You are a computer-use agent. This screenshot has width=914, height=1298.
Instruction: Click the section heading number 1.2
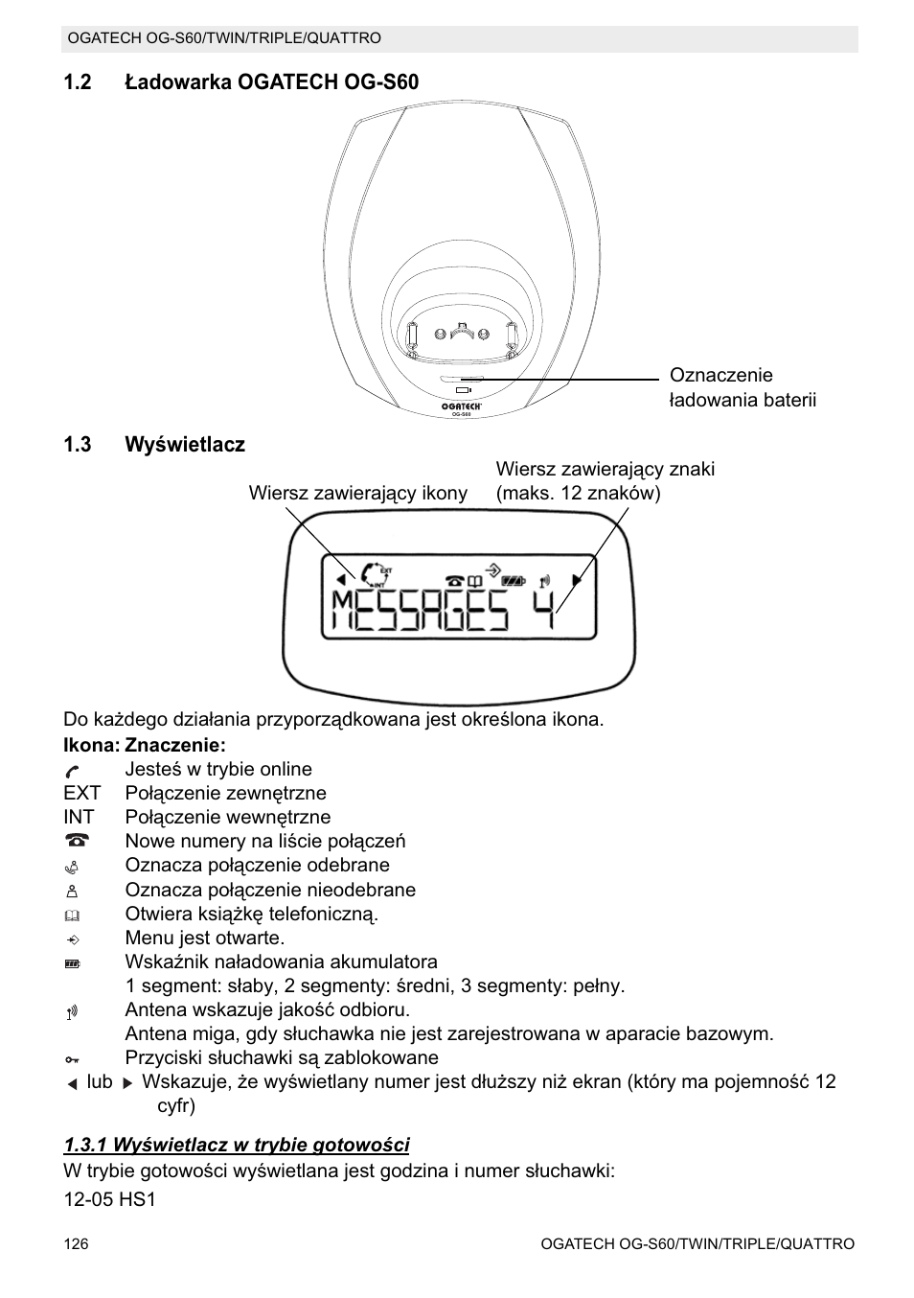pyautogui.click(x=77, y=82)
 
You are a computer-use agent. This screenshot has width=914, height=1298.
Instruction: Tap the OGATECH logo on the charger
pyautogui.click(x=461, y=406)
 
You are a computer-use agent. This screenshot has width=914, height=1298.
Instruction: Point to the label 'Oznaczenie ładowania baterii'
pyautogui.click(x=743, y=387)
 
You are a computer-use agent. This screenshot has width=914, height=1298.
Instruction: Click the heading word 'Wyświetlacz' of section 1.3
pyautogui.click(x=185, y=445)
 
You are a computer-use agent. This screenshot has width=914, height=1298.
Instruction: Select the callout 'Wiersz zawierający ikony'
pyautogui.click(x=358, y=493)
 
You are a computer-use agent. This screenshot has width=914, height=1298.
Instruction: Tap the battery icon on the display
pyautogui.click(x=514, y=580)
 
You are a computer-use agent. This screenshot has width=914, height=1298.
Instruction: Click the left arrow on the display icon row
pyautogui.click(x=340, y=580)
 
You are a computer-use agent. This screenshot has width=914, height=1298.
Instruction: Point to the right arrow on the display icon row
pyautogui.click(x=577, y=580)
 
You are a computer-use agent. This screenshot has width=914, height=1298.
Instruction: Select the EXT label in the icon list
pyautogui.click(x=81, y=793)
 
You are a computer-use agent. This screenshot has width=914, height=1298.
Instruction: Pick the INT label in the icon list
pyautogui.click(x=79, y=817)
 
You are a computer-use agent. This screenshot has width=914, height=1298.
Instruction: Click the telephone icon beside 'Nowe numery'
pyautogui.click(x=76, y=841)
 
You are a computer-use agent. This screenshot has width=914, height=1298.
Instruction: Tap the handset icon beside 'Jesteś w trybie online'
pyautogui.click(x=73, y=770)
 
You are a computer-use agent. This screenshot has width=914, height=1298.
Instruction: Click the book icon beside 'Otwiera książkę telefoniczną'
pyautogui.click(x=73, y=915)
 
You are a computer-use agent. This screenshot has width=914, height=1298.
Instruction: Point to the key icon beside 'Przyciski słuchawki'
pyautogui.click(x=73, y=1058)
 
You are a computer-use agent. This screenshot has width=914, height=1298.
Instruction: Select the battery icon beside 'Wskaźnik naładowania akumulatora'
pyautogui.click(x=73, y=962)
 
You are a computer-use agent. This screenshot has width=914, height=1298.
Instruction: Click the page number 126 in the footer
pyautogui.click(x=76, y=1243)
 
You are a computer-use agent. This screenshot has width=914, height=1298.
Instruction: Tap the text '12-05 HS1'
pyautogui.click(x=109, y=1199)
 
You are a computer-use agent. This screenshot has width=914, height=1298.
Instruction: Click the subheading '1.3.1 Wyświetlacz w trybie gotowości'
pyautogui.click(x=237, y=1145)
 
